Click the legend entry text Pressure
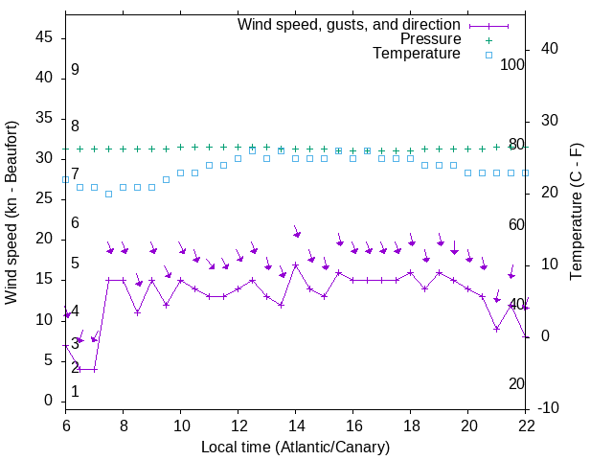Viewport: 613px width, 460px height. tap(430, 39)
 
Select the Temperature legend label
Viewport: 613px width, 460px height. tap(417, 54)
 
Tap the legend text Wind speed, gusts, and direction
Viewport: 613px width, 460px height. tap(350, 24)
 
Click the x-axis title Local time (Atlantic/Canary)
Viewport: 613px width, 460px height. tap(296, 447)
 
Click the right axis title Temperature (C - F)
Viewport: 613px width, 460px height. tap(576, 212)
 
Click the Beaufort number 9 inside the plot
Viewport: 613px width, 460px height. tap(75, 70)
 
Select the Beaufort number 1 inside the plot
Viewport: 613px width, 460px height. tap(75, 392)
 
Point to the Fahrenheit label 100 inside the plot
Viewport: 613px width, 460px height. tap(512, 64)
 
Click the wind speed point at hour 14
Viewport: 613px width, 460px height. tap(296, 264)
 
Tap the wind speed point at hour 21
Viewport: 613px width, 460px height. tap(497, 329)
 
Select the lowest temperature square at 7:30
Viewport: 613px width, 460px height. tap(108, 194)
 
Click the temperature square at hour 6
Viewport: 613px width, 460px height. tap(65, 179)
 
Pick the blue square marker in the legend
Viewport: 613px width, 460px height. tap(488, 55)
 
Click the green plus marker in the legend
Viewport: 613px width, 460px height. tap(488, 40)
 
